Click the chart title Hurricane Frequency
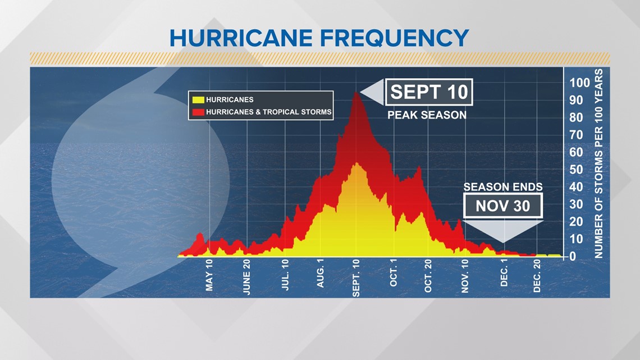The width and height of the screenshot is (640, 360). pos(319,38)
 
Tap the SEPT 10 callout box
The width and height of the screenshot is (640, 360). pos(429,92)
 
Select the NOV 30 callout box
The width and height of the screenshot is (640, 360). pos(503,206)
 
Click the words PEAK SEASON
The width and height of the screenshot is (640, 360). pos(427,115)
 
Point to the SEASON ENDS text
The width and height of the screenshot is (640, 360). pos(503,186)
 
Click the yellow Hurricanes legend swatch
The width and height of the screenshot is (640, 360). pos(198,99)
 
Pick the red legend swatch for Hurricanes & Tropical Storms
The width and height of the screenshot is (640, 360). pos(198,112)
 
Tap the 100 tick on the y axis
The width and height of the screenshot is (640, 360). pos(580,83)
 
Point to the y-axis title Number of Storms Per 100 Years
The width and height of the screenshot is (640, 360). pos(598,163)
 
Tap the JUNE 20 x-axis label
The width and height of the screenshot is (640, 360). pos(246,280)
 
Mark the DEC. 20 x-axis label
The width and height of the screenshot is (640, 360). pos(537,278)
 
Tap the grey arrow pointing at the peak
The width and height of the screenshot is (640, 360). pos(372,92)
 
